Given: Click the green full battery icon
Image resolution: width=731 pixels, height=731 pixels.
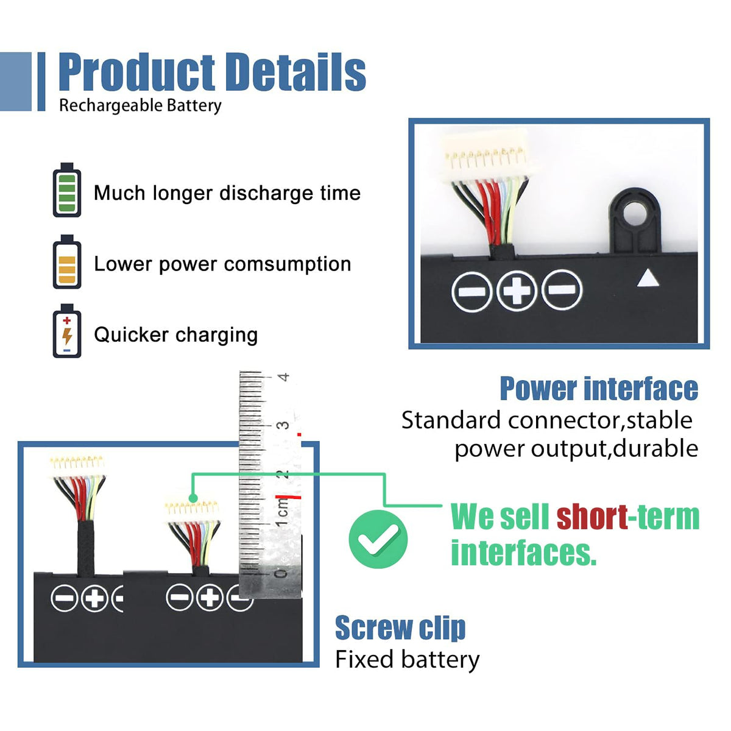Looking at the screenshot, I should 67,191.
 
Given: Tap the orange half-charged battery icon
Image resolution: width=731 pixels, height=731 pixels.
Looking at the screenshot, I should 67,263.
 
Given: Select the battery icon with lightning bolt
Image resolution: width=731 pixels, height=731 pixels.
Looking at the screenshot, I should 67,331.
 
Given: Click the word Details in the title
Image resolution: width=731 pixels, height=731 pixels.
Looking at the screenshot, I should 295,72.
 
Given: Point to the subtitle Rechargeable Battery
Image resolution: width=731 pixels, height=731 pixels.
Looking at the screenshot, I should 140,105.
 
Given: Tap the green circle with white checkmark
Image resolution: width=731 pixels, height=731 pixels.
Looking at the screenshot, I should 378,539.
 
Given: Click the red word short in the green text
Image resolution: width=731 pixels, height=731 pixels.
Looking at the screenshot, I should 592,517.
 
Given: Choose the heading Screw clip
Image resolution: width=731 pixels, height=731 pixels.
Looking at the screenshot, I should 400,628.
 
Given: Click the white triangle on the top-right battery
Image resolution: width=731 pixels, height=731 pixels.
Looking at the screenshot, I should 648,278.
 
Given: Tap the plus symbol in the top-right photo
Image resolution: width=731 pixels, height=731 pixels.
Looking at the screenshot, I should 517,290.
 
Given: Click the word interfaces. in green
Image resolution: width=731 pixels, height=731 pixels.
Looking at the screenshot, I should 523,553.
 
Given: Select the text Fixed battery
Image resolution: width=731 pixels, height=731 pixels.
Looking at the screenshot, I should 407,660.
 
